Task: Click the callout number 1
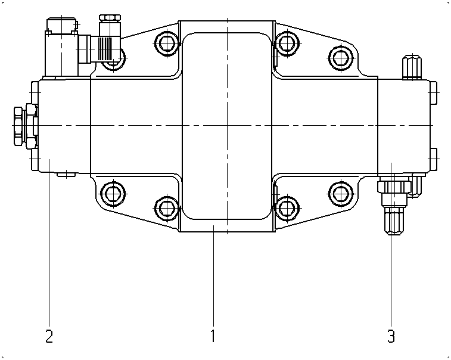point(213,336)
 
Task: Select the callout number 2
point(49,336)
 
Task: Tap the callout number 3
point(391,336)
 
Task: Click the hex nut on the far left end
point(18,126)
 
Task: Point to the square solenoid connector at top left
point(61,48)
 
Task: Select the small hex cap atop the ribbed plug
point(110,18)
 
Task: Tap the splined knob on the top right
point(412,67)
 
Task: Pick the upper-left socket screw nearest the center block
point(167,44)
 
